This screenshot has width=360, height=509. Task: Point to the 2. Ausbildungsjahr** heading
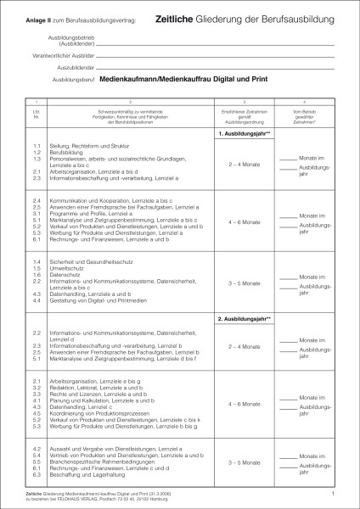click(244, 318)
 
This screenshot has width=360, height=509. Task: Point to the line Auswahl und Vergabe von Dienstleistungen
click(93, 449)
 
